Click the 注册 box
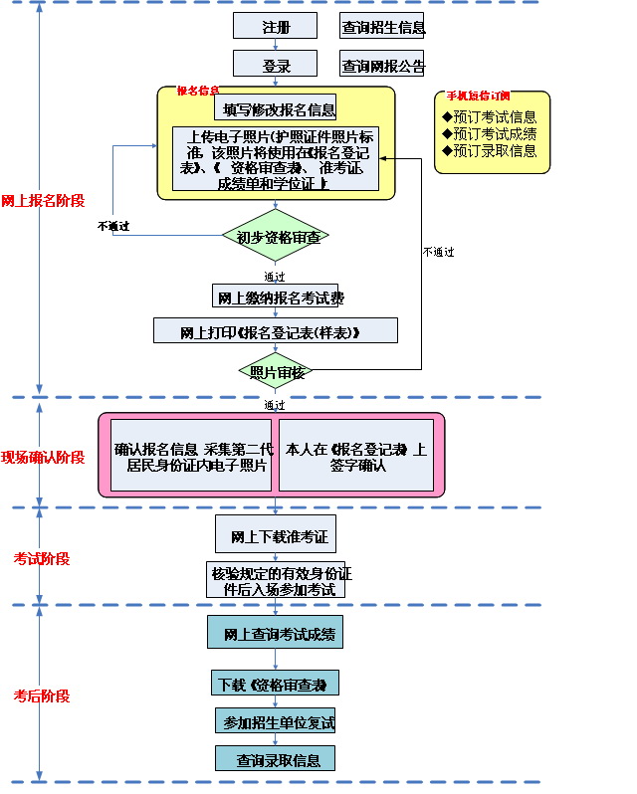tap(275, 26)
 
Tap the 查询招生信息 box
tap(382, 27)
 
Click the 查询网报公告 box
tap(382, 66)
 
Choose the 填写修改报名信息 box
tap(280, 108)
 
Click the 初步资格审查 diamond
tap(276, 237)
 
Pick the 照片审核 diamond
tap(276, 371)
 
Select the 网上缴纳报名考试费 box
tap(275, 297)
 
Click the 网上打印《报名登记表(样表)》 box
tap(275, 331)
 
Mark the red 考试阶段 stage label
tap(42, 558)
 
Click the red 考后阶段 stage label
tap(42, 695)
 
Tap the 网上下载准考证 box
tap(276, 535)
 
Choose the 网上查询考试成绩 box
tap(276, 633)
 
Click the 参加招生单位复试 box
tap(275, 720)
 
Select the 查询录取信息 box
tap(275, 759)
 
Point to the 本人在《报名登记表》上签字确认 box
tap(355, 458)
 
